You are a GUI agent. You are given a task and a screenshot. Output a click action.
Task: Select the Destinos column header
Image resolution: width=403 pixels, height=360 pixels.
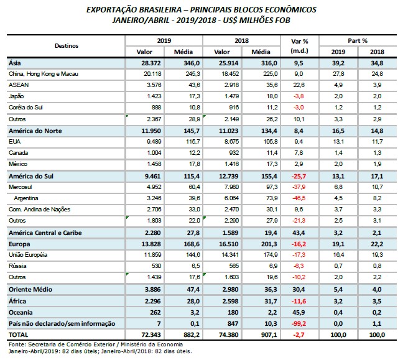click(x=67, y=45)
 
